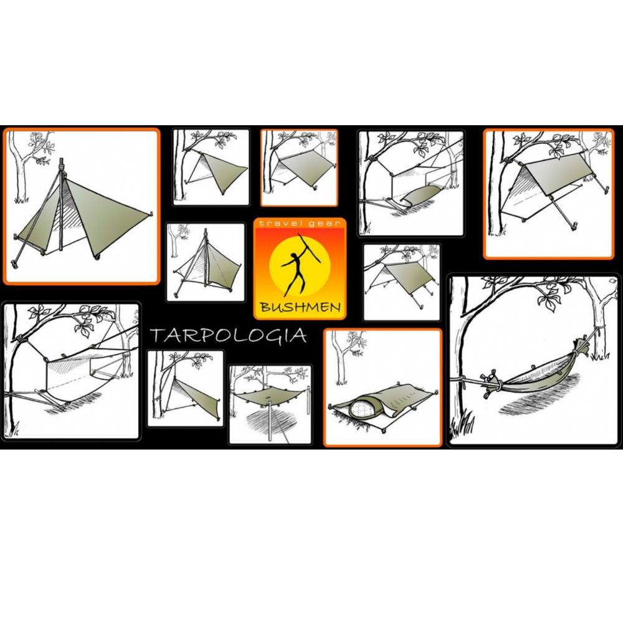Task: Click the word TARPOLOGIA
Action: [229, 336]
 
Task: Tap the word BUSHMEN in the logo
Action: [299, 307]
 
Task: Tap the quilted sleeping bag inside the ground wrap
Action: [361, 409]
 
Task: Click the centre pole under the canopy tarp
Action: [270, 417]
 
